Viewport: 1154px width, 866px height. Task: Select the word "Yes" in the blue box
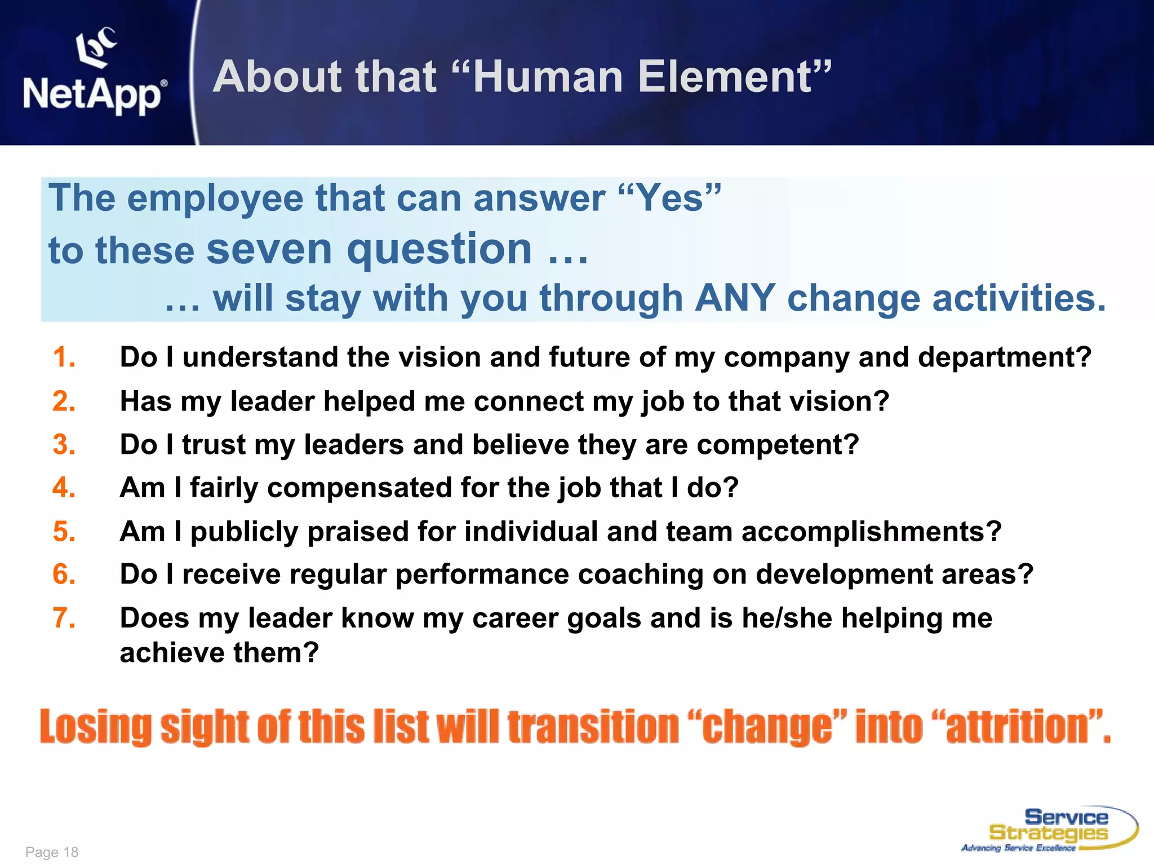tap(669, 198)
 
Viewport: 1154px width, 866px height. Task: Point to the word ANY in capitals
tap(735, 298)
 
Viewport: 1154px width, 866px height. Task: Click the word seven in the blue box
tap(269, 249)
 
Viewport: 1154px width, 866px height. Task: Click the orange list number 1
tap(63, 357)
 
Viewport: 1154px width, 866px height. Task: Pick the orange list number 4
tap(63, 488)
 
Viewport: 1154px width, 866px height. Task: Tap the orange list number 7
tap(63, 618)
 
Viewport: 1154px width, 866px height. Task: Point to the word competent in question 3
tap(778, 445)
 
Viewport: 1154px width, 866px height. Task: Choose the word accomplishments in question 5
tap(871, 532)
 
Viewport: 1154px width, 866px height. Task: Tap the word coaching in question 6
tap(640, 575)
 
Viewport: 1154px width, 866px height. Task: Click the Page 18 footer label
tap(52, 852)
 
